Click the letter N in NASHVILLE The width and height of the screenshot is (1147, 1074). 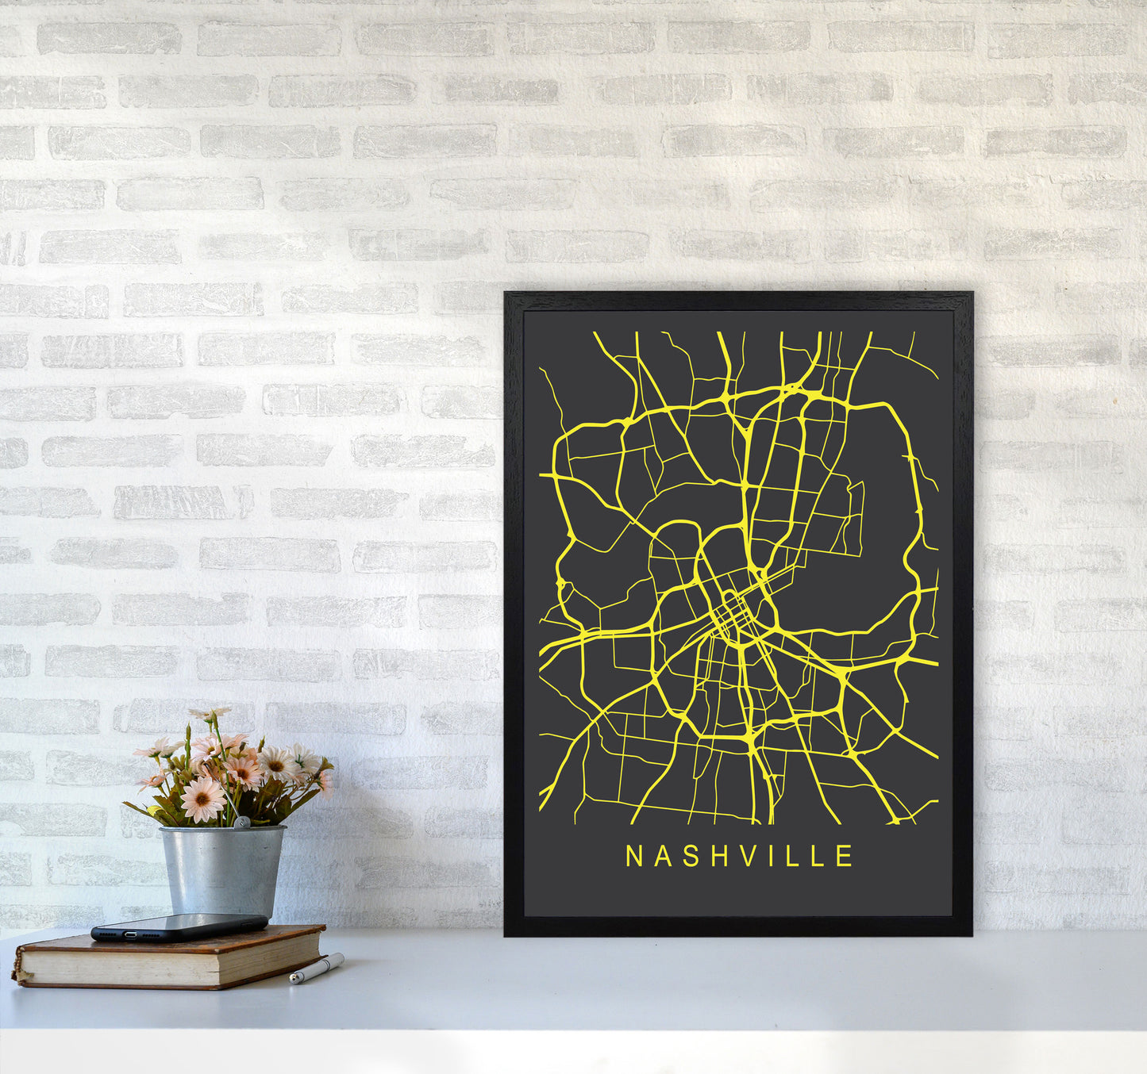633,856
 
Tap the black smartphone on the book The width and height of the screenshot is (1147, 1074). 179,926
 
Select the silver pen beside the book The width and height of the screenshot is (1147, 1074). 317,969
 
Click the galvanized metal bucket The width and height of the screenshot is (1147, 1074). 222,871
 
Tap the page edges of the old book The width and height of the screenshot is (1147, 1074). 171,961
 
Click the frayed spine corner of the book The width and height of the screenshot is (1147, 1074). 17,976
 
